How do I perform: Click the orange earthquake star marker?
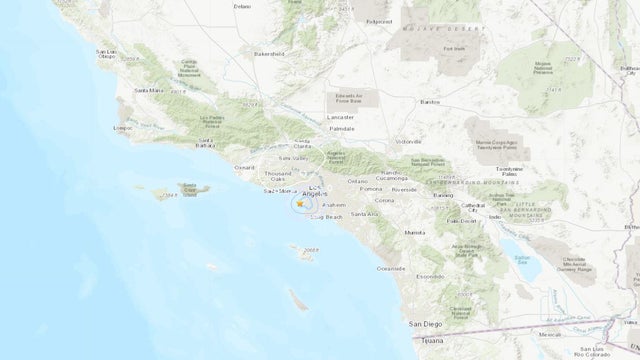tap(300, 204)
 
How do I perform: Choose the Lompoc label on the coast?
tap(124, 128)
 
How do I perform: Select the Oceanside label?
tap(389, 268)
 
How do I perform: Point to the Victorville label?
tap(411, 143)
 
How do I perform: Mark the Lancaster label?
tap(341, 117)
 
